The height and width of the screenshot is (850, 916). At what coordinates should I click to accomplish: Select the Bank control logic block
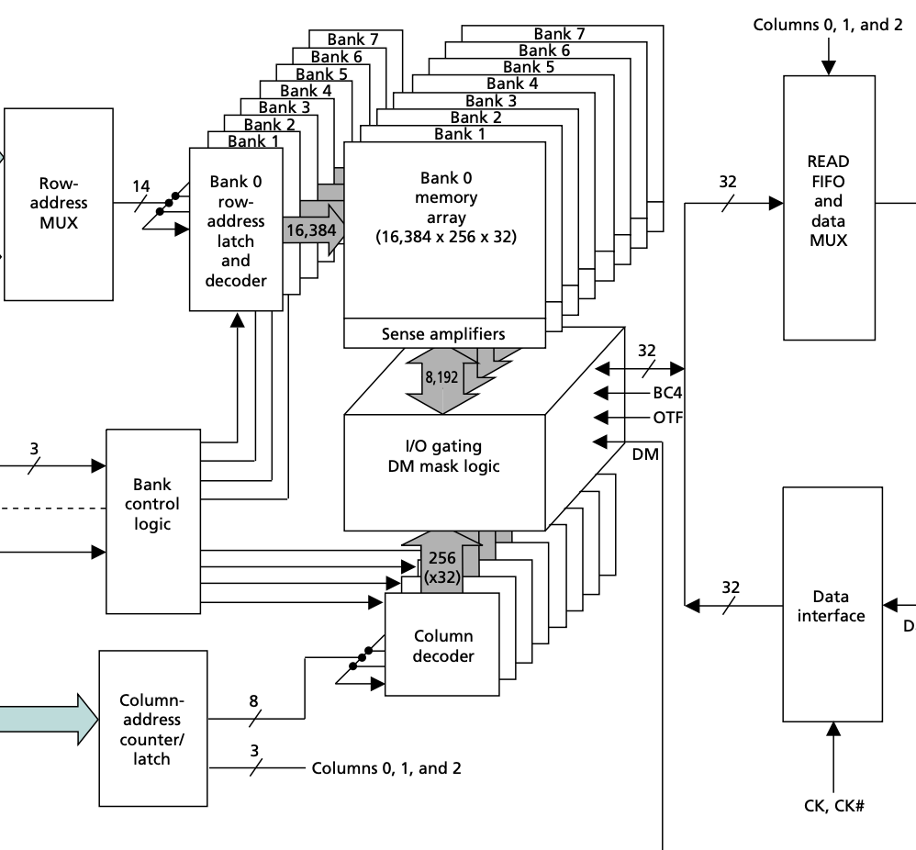pos(151,503)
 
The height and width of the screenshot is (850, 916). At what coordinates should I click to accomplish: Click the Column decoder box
pos(442,645)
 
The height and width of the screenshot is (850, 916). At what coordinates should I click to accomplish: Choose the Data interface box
pos(831,605)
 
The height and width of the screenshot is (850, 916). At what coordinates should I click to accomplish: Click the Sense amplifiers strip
pos(442,333)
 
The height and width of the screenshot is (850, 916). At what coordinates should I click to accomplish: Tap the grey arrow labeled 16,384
pos(311,229)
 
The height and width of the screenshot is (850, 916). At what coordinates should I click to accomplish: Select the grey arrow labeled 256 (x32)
pos(442,565)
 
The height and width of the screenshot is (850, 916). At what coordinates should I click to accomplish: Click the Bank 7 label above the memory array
pos(558,34)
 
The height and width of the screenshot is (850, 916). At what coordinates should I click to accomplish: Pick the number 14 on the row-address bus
pos(140,186)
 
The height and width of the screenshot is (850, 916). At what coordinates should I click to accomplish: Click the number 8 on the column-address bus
pos(254,700)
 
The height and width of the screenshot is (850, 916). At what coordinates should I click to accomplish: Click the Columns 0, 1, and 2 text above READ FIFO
pos(827,25)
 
